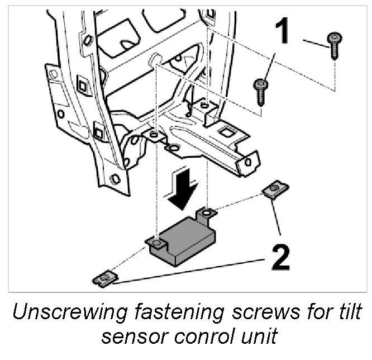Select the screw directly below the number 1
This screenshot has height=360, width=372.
pos(261,91)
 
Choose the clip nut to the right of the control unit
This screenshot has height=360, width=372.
pos(273,191)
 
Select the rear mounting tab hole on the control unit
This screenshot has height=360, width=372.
pos(207,213)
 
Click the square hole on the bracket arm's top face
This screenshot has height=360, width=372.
pos(227,132)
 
